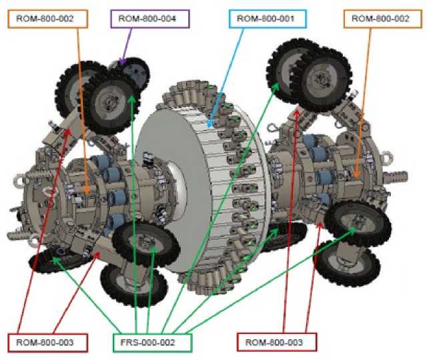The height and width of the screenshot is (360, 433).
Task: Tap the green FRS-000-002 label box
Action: (x=152, y=343)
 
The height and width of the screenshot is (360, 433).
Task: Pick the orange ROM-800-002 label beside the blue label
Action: (x=383, y=19)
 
